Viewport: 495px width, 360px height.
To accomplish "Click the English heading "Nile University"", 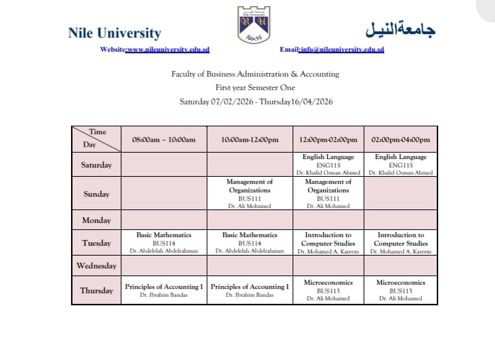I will click(x=114, y=33).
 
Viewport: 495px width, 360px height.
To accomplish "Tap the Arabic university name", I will click(x=400, y=31).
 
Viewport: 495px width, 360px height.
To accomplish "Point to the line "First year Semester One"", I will click(x=254, y=87).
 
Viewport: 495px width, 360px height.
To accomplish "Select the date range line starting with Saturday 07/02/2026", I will click(x=256, y=102).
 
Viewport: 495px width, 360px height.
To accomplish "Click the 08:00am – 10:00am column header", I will click(x=164, y=140).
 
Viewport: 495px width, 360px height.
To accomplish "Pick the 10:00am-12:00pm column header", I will click(x=250, y=140).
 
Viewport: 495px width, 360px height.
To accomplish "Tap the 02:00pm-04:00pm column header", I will click(x=401, y=140).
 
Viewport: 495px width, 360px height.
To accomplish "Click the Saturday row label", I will click(x=97, y=165).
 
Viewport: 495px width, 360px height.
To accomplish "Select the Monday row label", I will click(x=97, y=220).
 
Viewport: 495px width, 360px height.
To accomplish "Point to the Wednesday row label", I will click(x=97, y=266).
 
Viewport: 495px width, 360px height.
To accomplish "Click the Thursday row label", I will click(x=97, y=290).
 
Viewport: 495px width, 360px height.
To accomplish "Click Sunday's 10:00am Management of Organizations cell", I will click(x=250, y=194).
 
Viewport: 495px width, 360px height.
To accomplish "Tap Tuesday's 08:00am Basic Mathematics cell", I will click(x=164, y=242).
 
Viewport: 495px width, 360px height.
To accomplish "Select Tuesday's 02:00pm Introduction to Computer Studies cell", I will click(x=401, y=242).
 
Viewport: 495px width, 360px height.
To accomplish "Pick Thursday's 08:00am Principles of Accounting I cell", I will click(x=164, y=290).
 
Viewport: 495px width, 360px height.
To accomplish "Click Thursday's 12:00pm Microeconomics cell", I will click(x=328, y=290).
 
